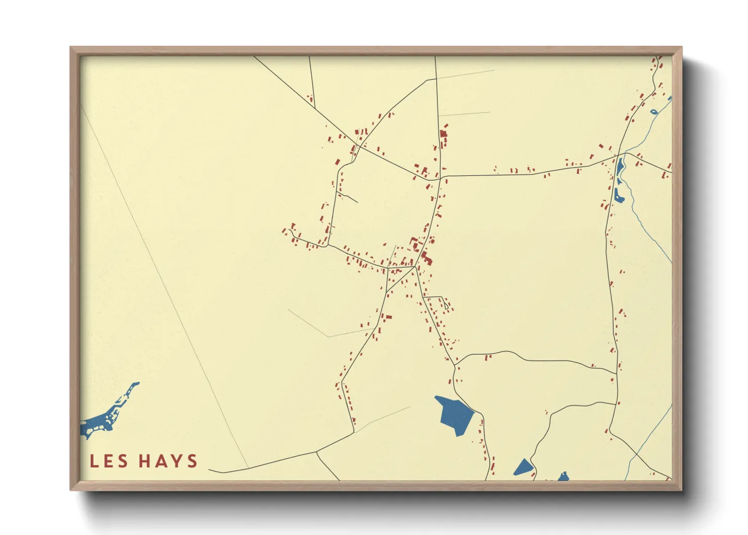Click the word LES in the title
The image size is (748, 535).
click(x=109, y=461)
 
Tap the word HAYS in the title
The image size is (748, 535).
click(x=168, y=461)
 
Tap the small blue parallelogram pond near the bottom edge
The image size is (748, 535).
click(x=523, y=467)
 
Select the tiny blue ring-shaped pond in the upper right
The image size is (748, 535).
click(x=653, y=112)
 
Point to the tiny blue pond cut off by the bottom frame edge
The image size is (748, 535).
click(x=564, y=477)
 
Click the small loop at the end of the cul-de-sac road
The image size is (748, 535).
click(x=446, y=306)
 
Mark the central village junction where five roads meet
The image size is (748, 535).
click(x=415, y=266)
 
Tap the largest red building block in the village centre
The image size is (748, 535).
click(x=427, y=260)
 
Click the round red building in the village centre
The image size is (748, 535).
click(x=432, y=241)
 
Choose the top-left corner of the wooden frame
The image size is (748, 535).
click(x=71, y=48)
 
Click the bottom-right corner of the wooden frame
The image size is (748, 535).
click(x=681, y=489)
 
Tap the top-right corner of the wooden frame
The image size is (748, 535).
click(x=681, y=48)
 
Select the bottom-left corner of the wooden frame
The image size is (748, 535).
click(x=71, y=489)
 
